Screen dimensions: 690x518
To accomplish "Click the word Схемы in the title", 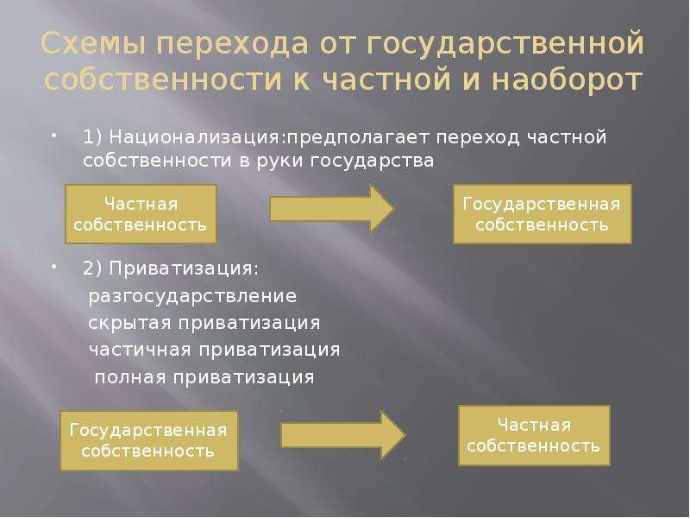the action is tap(93, 44).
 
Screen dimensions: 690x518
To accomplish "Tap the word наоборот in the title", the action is tap(567, 79).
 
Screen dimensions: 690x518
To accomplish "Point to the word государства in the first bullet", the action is tap(372, 161).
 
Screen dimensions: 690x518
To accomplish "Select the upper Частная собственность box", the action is tap(141, 214).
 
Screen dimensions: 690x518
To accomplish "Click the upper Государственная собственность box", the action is tap(543, 214).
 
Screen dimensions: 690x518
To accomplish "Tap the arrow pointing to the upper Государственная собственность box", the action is tap(332, 208).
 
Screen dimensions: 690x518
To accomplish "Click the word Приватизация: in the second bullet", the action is tap(184, 268).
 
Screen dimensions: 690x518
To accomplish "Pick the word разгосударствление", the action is tap(192, 296).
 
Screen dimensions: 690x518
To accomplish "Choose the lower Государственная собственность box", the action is tap(149, 440).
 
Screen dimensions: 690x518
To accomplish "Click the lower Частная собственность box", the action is tap(534, 436).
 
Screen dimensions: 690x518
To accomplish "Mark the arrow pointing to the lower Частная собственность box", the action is tap(343, 435).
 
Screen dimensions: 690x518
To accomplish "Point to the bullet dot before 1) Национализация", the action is tap(53, 135).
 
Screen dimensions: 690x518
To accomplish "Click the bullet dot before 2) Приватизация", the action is tap(53, 266).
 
